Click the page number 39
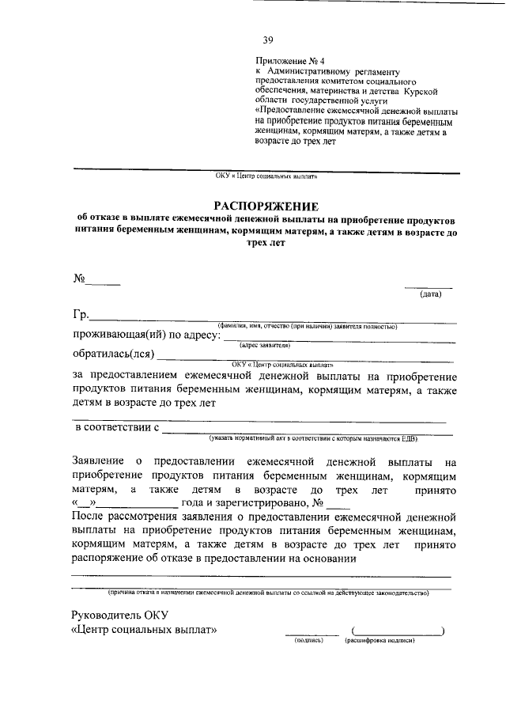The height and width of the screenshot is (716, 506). click(267, 41)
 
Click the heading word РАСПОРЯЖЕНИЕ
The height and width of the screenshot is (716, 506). click(266, 205)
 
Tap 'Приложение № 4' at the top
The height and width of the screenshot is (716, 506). click(285, 60)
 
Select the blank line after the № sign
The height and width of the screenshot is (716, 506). click(103, 282)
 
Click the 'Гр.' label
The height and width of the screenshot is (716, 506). click(82, 316)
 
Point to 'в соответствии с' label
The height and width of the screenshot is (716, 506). click(117, 428)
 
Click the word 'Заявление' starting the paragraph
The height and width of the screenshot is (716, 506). click(97, 460)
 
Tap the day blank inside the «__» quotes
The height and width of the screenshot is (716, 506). click(85, 503)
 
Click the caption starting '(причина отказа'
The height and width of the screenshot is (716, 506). click(269, 592)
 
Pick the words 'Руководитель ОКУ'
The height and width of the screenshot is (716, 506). click(119, 615)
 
